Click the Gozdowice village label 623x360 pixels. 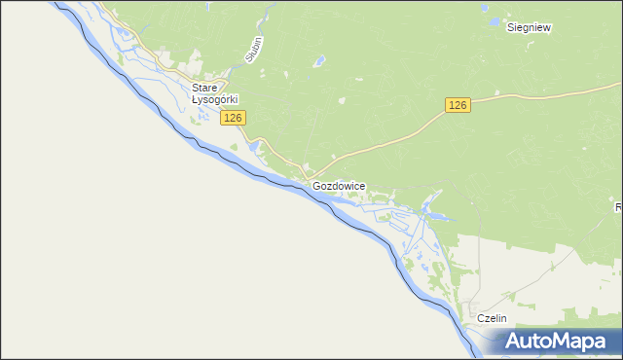[x=339, y=185]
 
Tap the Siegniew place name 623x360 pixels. [x=530, y=28]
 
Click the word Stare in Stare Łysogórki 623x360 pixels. [x=204, y=88]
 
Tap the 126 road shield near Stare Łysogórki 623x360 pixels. [x=233, y=118]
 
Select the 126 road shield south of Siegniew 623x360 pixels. [x=458, y=104]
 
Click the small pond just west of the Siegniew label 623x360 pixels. [x=495, y=20]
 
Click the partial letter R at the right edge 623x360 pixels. [x=618, y=207]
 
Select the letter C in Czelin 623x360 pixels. [x=480, y=318]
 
